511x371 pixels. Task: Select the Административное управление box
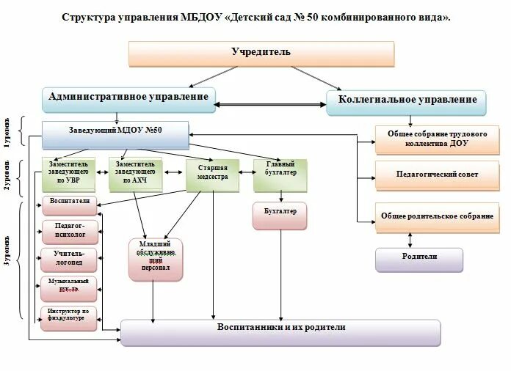tap(128, 98)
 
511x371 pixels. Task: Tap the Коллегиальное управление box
tap(407, 100)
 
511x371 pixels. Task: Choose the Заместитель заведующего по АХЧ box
tap(135, 172)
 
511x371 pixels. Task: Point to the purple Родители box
tap(419, 257)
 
